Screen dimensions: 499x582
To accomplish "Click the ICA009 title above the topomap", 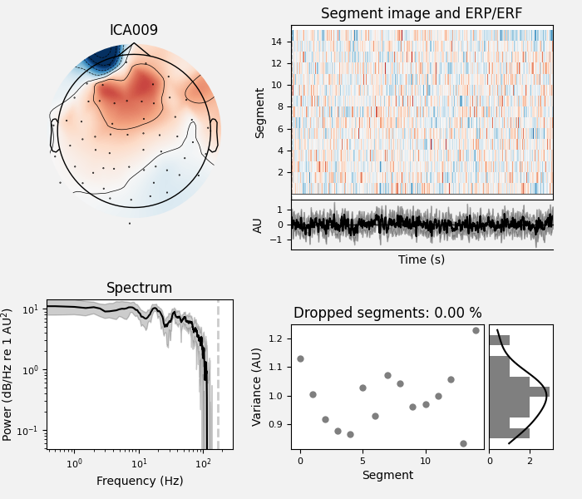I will tap(134, 31).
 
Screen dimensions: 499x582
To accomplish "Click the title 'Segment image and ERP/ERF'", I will tap(422, 14).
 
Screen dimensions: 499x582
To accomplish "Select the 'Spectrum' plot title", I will tap(139, 289).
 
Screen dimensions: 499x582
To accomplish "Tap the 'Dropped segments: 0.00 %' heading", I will tap(387, 314).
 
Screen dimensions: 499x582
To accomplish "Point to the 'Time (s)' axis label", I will tap(422, 259).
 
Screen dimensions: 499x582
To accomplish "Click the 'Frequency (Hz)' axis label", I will tap(139, 481).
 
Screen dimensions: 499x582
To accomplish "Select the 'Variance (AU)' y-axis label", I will tap(258, 387).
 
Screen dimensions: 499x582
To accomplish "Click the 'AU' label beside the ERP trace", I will tap(258, 225).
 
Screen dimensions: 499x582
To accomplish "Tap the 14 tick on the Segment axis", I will tap(279, 42).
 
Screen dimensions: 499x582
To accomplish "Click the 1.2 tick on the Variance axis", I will tap(276, 338).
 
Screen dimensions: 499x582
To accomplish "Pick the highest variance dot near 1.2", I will tap(476, 330).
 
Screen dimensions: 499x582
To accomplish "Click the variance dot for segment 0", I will tap(300, 359).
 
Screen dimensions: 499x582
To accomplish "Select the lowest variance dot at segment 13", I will tap(463, 443).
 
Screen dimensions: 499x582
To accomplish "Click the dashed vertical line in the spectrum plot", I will tap(218, 374).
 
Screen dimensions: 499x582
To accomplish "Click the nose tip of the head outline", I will tap(134, 43).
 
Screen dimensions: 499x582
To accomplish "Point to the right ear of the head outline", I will tap(214, 136).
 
